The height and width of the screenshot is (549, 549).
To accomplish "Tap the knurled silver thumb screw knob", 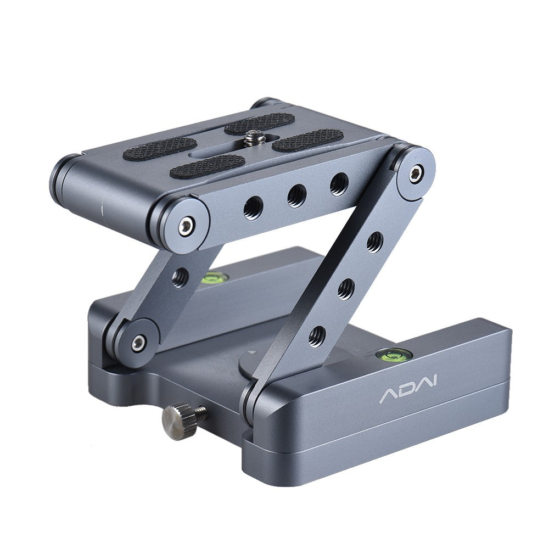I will pos(177,421).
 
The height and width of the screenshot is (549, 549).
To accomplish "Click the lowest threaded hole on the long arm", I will pos(317,335).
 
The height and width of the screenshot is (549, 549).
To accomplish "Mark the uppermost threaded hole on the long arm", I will pos(375,242).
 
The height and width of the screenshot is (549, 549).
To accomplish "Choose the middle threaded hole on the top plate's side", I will pos(297,195).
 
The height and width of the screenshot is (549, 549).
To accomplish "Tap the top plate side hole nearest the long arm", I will pos(339,184).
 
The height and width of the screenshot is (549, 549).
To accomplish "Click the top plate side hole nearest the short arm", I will pos(253,208).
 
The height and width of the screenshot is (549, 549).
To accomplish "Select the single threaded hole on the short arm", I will pos(180,278).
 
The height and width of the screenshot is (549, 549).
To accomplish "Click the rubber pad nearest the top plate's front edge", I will pos(207,166).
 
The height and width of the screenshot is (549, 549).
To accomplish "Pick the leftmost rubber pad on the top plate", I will pos(159,148).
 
